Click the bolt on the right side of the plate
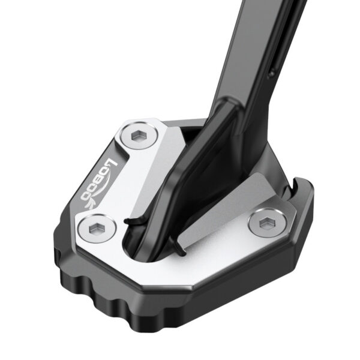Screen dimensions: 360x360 pyautogui.click(x=264, y=223)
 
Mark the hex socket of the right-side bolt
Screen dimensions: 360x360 pyautogui.click(x=264, y=223)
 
